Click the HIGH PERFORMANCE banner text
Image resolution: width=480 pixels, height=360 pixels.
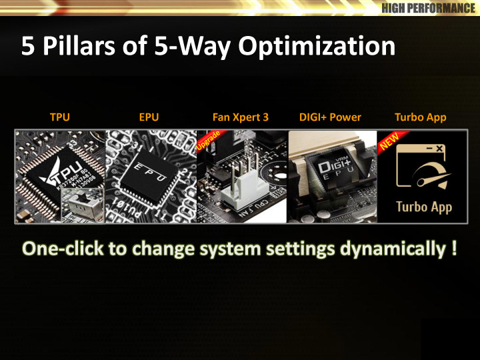[x=429, y=7]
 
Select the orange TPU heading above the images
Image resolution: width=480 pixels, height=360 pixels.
[x=60, y=117]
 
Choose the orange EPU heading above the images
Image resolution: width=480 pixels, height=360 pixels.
[x=149, y=117]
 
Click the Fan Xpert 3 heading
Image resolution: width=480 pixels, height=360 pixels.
[x=241, y=117]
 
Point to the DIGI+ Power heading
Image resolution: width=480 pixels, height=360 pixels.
[x=330, y=117]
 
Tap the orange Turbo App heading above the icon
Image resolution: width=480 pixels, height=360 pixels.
[x=420, y=117]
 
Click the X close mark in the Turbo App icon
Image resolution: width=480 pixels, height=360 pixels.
[x=439, y=149]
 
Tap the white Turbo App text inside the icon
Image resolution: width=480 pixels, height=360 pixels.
[x=424, y=207]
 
